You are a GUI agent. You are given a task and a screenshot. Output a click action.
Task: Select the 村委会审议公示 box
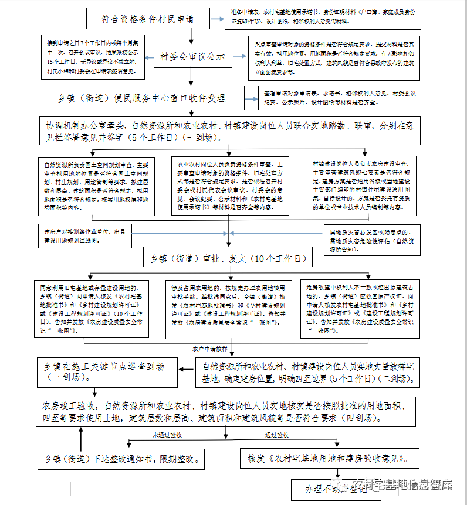tap(192, 57)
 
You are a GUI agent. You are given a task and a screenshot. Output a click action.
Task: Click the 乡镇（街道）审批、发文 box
tap(228, 257)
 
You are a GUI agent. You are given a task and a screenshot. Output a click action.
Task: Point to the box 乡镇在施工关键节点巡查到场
tap(106, 371)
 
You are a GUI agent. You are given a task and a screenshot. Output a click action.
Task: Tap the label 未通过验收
tap(168, 435)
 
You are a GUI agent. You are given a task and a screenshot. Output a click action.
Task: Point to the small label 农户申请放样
tap(210, 348)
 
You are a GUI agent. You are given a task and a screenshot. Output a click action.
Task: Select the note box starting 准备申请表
tap(322, 18)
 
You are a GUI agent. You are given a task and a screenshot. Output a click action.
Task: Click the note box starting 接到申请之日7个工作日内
tap(92, 57)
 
